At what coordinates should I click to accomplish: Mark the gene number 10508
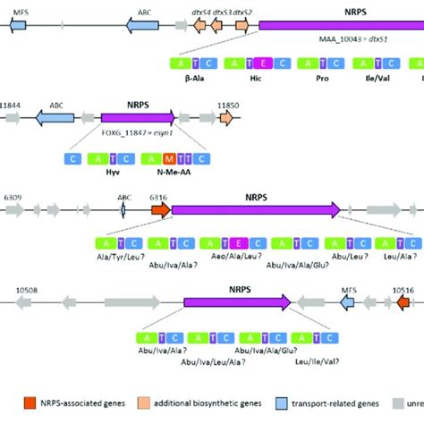click(x=30, y=290)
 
